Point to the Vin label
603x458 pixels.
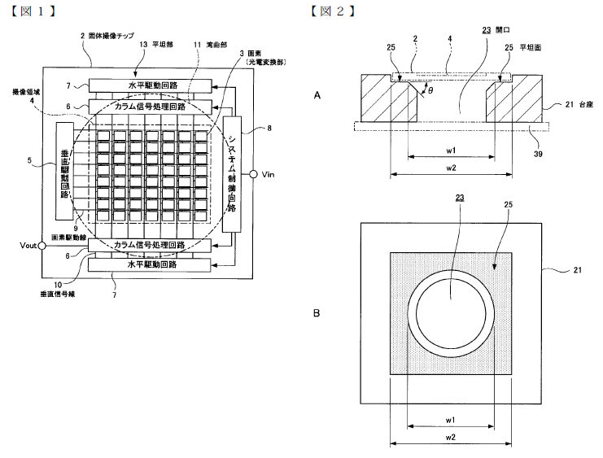269,174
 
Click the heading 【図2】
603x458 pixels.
333,10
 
